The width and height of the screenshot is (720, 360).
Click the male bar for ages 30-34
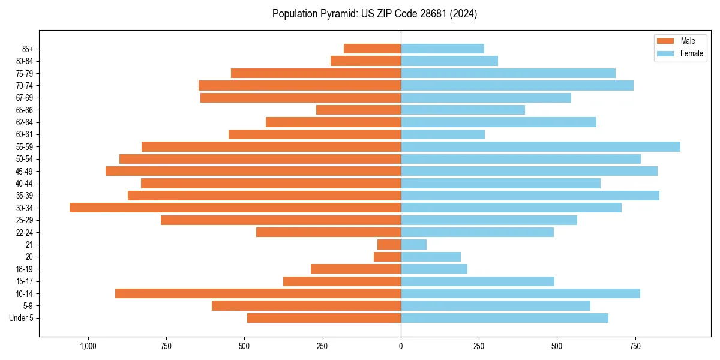tap(235, 208)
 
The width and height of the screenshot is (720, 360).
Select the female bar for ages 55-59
tap(540, 146)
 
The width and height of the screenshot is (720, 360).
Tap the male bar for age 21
tap(389, 244)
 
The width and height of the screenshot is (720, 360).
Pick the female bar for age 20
tap(431, 257)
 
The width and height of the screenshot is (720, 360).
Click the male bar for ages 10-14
tap(258, 293)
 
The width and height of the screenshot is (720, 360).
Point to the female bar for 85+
tap(442, 49)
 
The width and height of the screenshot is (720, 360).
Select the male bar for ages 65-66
tap(358, 110)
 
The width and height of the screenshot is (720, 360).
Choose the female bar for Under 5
tap(504, 318)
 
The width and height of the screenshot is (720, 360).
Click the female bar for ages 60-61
tap(443, 134)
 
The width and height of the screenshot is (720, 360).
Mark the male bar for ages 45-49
tap(253, 171)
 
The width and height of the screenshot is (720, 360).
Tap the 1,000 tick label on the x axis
tap(88, 346)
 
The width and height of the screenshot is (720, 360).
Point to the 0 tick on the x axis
tap(401, 346)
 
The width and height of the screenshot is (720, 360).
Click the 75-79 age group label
tap(25, 73)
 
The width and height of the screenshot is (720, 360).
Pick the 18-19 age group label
tap(25, 269)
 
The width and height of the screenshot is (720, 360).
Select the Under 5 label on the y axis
tap(22, 318)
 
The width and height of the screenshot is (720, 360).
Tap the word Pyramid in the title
tap(336, 14)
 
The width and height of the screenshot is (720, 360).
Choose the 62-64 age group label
tap(25, 122)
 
